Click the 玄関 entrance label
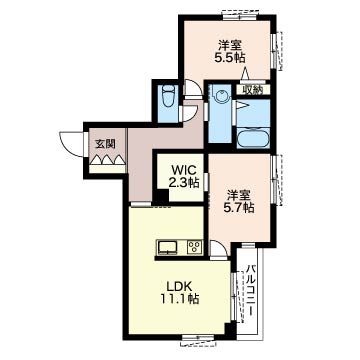(105, 144)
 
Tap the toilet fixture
(169, 96)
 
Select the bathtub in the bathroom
(253, 137)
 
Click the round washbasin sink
(221, 96)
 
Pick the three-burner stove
(195, 247)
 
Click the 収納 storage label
(253, 89)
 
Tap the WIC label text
(183, 170)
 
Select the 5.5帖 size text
(230, 58)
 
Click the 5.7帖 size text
(239, 208)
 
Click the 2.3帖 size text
(185, 182)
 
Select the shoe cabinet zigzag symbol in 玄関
(107, 160)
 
